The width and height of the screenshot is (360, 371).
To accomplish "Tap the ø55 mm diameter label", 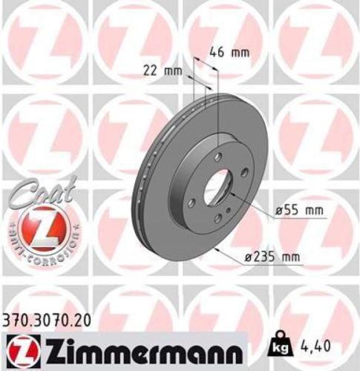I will (299, 210).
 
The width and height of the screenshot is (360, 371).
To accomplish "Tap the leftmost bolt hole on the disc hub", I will (192, 203).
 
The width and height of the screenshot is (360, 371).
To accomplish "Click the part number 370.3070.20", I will (50, 321).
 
